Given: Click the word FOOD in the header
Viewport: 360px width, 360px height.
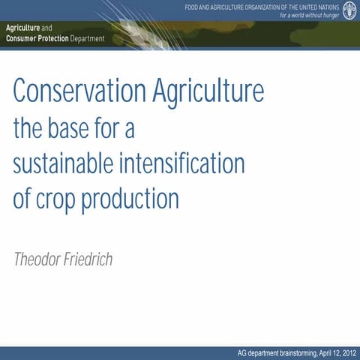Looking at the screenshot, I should point(193,7).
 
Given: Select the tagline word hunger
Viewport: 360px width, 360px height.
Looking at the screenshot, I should point(328,15).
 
